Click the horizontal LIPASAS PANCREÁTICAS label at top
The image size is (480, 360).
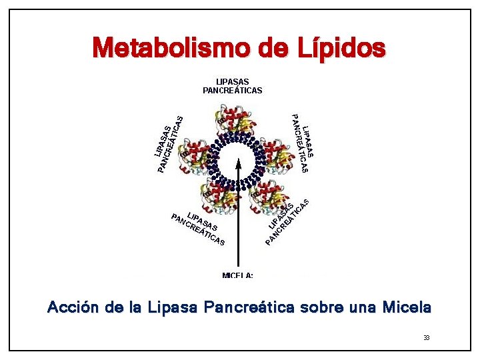click(232, 86)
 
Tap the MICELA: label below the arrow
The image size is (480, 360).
click(237, 275)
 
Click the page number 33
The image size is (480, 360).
click(426, 338)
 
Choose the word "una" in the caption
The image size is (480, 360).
click(363, 308)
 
